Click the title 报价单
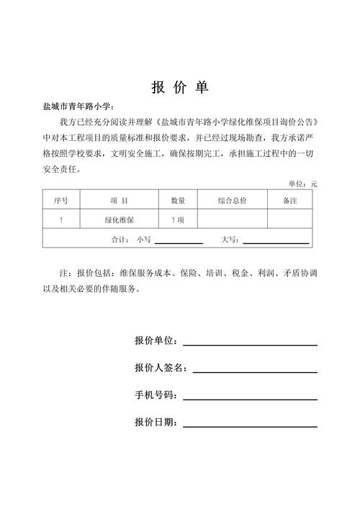coord(180,88)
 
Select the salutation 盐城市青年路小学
coord(78,107)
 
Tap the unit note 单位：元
coord(302,184)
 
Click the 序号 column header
coord(61,200)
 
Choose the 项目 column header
coord(120,200)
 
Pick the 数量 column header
coord(178,200)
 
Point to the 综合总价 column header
coord(232,200)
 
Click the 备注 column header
coord(290,200)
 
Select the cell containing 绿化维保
coord(120,219)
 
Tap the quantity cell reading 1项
coord(178,219)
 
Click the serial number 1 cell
coord(61,219)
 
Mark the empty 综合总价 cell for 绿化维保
coord(232,219)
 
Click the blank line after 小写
coord(179,239)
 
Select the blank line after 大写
coord(276,239)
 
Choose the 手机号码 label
coord(156,395)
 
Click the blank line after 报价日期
coord(250,423)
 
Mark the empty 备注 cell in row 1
coord(290,219)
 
